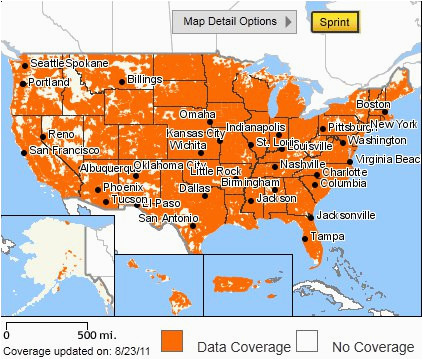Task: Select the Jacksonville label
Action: (x=346, y=215)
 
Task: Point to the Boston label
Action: (x=373, y=104)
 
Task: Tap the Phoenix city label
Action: (x=123, y=186)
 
